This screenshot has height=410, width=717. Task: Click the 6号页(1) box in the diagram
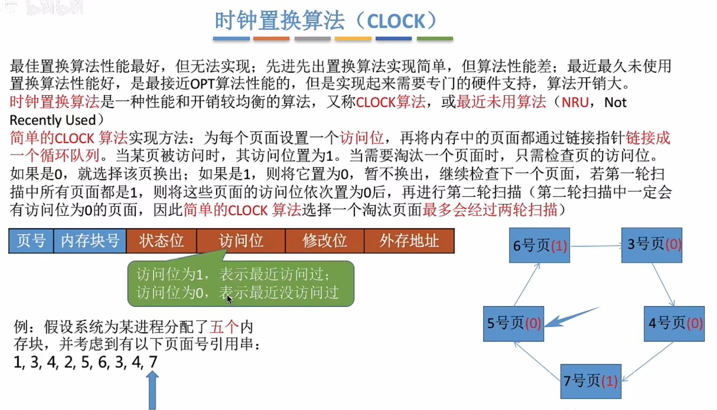tap(539, 245)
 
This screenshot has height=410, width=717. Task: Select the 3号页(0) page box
tap(652, 245)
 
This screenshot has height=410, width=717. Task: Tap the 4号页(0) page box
tap(674, 323)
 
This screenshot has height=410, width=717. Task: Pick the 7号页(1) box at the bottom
tap(591, 381)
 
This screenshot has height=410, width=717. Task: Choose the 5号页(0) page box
tap(513, 323)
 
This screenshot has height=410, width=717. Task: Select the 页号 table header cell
tap(31, 241)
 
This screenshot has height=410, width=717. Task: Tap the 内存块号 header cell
tap(90, 241)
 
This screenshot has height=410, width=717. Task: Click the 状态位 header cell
tap(161, 241)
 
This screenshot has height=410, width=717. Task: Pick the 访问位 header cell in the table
tap(241, 241)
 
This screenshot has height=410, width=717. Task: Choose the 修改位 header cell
tap(324, 241)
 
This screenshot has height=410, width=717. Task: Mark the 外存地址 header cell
tap(409, 241)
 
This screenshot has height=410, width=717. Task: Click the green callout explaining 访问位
tap(241, 283)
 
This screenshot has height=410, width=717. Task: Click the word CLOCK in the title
tap(396, 21)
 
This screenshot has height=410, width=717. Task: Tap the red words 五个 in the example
tap(224, 327)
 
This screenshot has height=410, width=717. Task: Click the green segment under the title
tap(435, 38)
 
